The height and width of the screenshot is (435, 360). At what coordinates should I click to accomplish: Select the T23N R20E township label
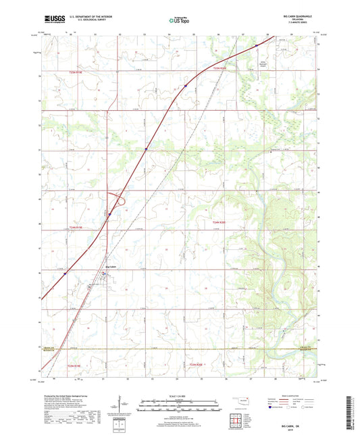[x=200, y=365]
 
